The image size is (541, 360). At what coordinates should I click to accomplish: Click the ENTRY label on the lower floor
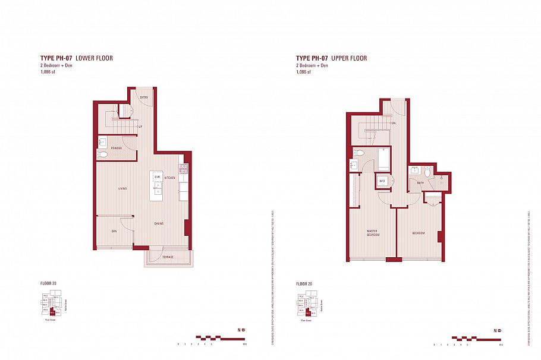point(144,97)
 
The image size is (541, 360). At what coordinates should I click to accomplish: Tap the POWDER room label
point(117,148)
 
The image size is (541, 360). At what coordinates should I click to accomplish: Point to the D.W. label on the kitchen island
point(158,177)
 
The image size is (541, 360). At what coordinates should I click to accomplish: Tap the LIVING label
point(122,189)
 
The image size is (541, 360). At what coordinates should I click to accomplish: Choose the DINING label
point(159,223)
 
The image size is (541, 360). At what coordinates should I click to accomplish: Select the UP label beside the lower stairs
point(140,127)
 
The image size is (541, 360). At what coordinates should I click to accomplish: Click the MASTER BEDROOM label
point(373,233)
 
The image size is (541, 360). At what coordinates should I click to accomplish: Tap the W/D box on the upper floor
point(383,181)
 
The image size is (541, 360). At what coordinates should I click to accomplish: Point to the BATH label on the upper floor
point(420,182)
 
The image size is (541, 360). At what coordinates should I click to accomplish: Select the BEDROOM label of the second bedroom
point(419,233)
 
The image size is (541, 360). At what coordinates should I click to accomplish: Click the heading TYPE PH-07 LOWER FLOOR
point(76,58)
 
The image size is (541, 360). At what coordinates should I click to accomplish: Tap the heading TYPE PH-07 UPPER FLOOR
point(332,58)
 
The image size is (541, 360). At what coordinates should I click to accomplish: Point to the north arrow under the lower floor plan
point(241,330)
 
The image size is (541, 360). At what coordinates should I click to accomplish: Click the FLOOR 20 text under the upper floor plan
point(303,284)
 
